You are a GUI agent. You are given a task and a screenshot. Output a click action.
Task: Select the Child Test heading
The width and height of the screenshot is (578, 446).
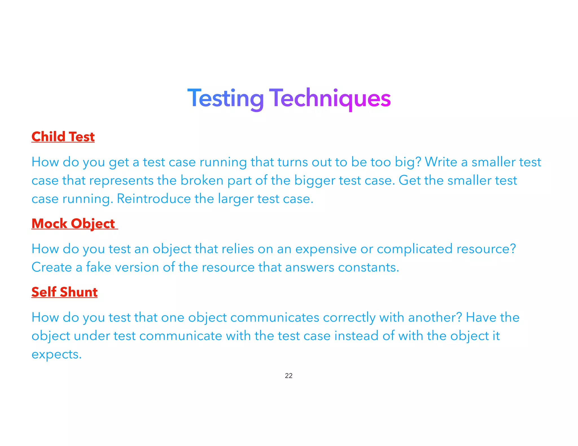[63, 137]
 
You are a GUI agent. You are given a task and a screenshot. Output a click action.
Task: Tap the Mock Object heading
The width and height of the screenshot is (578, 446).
[73, 224]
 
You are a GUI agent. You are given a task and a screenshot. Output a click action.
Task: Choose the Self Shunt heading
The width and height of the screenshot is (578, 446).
[64, 292]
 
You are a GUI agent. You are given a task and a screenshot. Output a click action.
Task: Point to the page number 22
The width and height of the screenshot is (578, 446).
[289, 376]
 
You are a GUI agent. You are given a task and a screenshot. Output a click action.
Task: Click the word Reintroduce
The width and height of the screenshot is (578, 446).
[154, 199]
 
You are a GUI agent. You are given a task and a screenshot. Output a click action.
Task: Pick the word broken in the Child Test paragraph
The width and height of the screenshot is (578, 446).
[202, 180]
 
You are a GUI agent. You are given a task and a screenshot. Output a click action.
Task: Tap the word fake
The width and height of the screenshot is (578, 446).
[98, 267]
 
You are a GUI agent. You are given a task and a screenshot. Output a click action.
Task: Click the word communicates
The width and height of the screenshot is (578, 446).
[275, 317]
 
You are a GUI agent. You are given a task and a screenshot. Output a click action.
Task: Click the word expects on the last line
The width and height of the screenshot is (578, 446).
[56, 355]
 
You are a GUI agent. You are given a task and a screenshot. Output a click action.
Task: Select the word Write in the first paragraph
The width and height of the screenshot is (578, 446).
[441, 162]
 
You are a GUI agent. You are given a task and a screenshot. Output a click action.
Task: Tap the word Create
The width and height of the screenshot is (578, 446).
[52, 267]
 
